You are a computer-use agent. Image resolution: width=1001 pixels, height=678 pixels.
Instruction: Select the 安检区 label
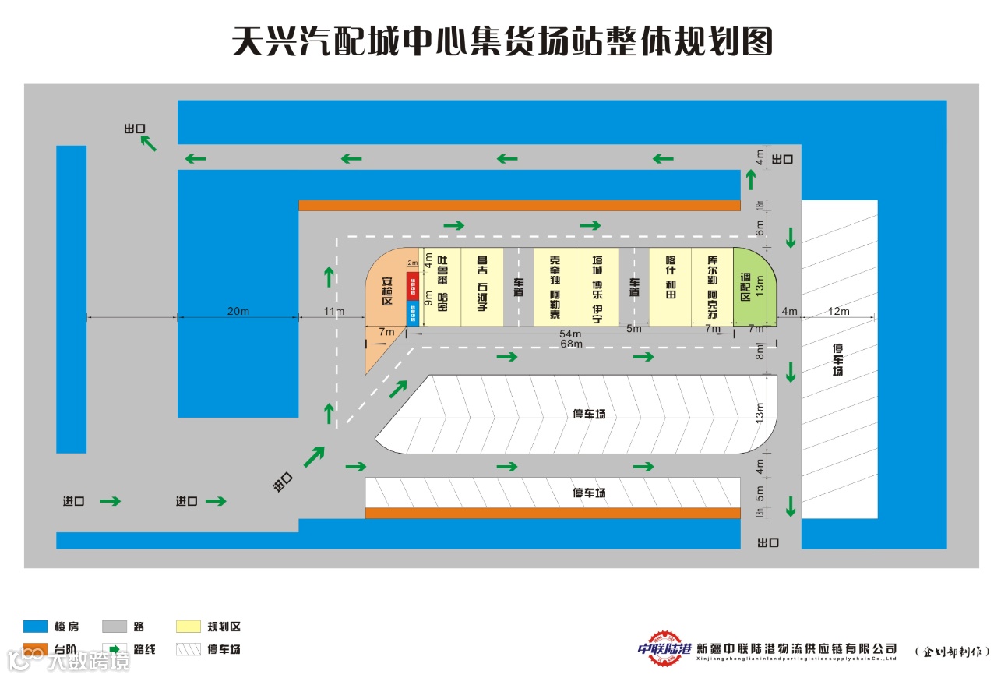coord(387,291)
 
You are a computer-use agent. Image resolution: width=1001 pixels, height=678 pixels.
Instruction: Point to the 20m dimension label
coord(238,312)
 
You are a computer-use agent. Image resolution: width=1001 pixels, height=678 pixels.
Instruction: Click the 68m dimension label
coord(572,344)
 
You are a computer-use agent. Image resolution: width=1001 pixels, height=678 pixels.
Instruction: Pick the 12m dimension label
coord(839,312)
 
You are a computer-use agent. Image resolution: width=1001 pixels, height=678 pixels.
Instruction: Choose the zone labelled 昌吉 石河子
coord(481,286)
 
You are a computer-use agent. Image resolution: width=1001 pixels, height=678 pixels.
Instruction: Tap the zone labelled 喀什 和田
coord(671,286)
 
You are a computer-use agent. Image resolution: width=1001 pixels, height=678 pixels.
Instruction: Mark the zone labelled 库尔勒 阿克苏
coord(712,286)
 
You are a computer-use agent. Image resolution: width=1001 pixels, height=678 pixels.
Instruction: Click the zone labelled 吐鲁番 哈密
coord(442,286)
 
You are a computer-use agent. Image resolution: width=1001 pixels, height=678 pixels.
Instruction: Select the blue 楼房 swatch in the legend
coord(36,627)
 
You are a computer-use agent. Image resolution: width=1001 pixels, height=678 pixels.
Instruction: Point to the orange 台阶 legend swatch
coord(36,649)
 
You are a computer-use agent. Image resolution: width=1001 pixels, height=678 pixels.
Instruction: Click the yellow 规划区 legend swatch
coord(190,627)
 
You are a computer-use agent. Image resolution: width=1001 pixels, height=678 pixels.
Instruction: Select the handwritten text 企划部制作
coord(952,651)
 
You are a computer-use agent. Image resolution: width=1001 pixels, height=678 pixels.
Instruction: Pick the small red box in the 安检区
coord(413,285)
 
